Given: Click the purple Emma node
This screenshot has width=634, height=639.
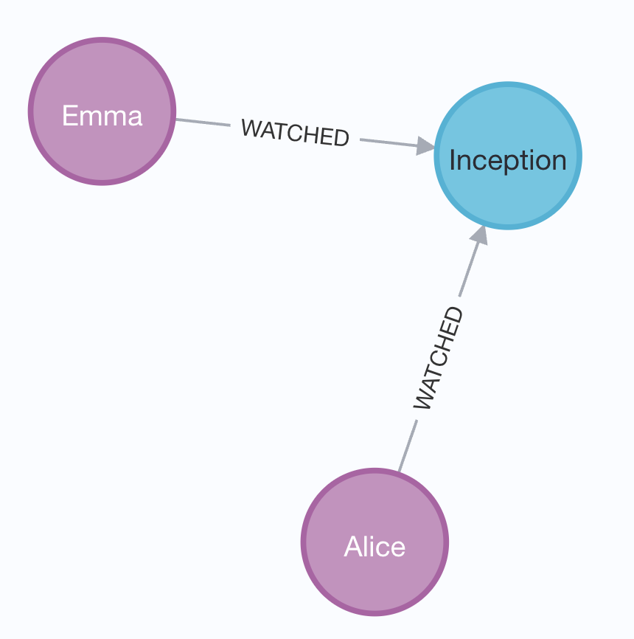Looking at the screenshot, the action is point(102,111).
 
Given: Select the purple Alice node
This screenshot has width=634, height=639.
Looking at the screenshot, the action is point(375,542).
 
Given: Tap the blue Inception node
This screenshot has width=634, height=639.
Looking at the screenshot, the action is point(508,156).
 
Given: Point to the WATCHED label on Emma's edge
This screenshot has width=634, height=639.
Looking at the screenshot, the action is point(295,132).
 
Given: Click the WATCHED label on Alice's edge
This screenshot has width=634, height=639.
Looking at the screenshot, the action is point(439,358).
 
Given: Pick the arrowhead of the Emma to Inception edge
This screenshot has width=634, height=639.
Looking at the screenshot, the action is point(425,146).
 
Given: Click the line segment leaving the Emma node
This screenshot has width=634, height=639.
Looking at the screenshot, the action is point(203,122).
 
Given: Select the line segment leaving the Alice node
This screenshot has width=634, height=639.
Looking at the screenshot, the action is point(408,446).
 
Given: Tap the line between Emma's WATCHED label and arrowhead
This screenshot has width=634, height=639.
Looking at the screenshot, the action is point(389,142).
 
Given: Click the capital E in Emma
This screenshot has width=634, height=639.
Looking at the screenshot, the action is point(69,115).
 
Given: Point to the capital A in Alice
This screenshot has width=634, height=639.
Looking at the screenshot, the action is point(353,546).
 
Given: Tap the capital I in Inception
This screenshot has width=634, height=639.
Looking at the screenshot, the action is point(452,159).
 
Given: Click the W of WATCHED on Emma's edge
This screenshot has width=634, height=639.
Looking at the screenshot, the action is point(250,128).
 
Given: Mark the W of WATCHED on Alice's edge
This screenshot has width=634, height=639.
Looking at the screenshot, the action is point(422,400).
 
